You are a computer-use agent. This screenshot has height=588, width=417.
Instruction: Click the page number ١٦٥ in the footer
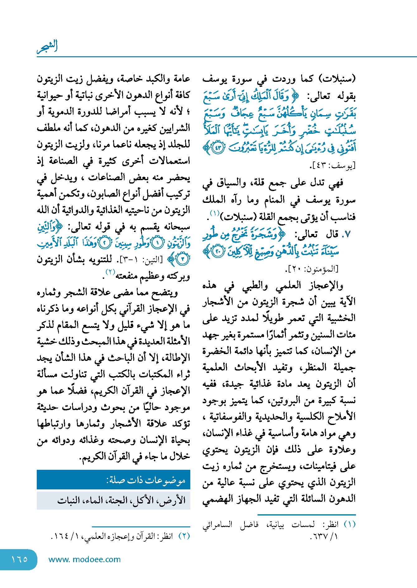(19, 559)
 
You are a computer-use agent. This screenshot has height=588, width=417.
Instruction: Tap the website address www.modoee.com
(84, 559)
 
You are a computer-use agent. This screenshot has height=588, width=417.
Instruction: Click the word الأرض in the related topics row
(175, 500)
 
